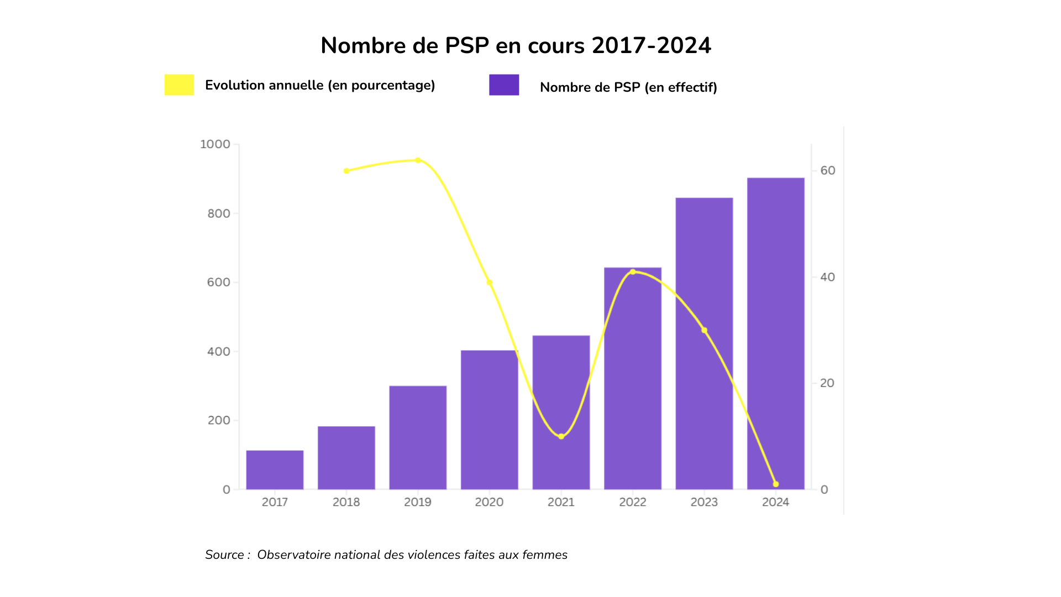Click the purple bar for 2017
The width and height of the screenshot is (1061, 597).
coord(275,470)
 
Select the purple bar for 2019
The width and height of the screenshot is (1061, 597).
coord(418,437)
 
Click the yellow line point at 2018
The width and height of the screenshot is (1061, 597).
coord(346,171)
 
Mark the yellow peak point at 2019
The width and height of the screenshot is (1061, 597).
coord(418,160)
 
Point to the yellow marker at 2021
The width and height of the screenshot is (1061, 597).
coord(561,436)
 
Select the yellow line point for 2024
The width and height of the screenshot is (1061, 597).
coord(775,484)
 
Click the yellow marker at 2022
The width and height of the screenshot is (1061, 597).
coord(633,272)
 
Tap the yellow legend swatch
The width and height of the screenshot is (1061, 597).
coord(179,85)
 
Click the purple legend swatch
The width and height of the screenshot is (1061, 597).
coord(504,85)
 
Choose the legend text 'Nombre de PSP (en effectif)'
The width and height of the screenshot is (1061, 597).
coord(628,87)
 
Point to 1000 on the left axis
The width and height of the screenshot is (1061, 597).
coord(215,144)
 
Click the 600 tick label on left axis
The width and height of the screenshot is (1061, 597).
coord(218,282)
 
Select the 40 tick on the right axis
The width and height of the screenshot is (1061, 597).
coord(827,277)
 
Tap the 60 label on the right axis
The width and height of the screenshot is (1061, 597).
coord(827,170)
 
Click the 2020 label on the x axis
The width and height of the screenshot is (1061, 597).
coord(489,502)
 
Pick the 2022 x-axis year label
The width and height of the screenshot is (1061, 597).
coord(633,502)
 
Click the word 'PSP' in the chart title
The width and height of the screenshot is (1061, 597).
coord(467,45)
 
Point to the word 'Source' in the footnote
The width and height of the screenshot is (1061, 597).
coord(224,554)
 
